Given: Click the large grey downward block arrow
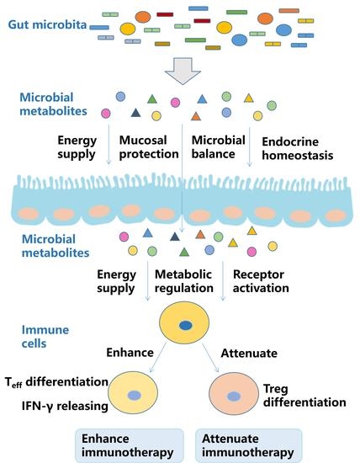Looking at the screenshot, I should tap(182, 74).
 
